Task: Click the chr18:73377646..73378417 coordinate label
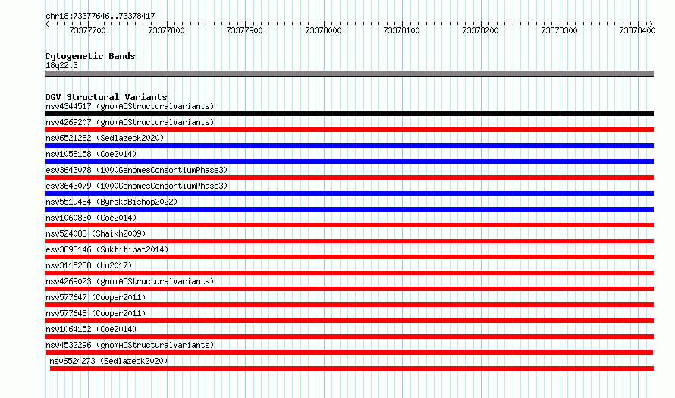coord(100,17)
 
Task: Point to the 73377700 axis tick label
coord(87,30)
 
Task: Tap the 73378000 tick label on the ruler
coord(323,30)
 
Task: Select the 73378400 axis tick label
coord(637,30)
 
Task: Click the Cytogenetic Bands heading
coord(90,56)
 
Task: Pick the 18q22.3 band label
coord(61,65)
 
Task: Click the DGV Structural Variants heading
coord(106,97)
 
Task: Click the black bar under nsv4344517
coord(349,114)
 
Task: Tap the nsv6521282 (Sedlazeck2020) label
coord(105,138)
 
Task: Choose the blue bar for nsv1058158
coord(349,161)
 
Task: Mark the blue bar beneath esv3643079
coord(349,193)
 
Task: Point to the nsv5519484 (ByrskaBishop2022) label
coord(111,202)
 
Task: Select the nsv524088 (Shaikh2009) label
coord(96,233)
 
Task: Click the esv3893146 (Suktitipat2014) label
coord(107,249)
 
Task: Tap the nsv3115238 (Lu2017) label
coord(89,265)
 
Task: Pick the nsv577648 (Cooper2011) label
coord(96,313)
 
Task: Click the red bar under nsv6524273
coord(352,368)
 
